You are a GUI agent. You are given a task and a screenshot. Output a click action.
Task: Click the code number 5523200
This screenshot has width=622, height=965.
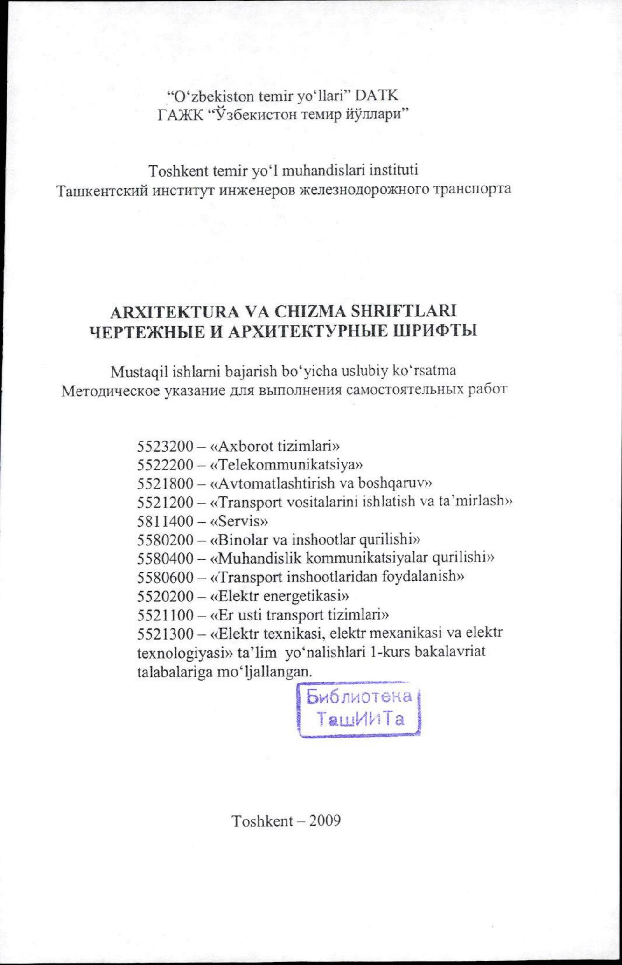[x=165, y=446]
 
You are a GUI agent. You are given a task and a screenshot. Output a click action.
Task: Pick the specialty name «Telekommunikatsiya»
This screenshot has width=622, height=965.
[x=287, y=465]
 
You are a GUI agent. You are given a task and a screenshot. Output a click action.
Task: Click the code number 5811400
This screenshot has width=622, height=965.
[x=165, y=521]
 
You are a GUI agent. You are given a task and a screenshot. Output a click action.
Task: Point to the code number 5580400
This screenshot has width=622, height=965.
[x=165, y=558]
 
